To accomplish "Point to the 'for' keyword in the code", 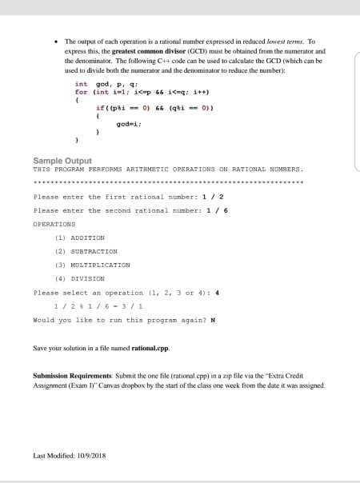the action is (80, 91).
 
